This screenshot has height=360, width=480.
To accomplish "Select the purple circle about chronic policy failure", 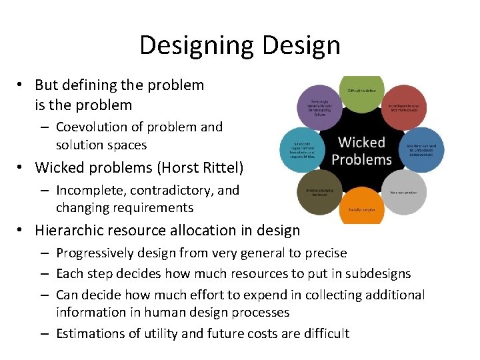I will click(x=319, y=106).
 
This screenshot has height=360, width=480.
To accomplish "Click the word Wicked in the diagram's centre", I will click(x=361, y=142).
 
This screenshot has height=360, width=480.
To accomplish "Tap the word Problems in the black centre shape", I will click(x=361, y=160).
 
